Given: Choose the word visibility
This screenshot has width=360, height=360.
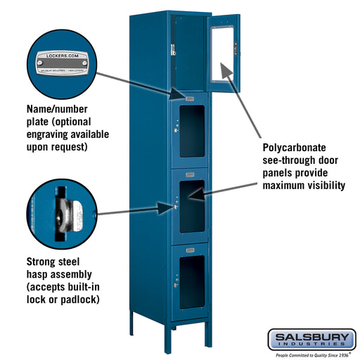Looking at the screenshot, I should tap(321, 186).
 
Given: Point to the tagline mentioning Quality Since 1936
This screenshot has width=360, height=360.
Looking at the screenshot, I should tap(310, 355).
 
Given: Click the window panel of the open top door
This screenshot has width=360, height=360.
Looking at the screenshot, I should tap(225, 52).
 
